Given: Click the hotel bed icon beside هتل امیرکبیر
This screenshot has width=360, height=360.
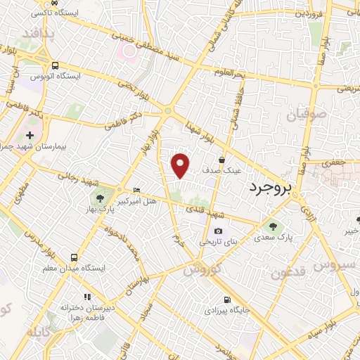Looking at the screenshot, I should coord(137,190).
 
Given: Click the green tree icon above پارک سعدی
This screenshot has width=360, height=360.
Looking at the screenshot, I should coord(273,226).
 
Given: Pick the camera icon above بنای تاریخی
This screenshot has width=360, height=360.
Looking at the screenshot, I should coord(218,231).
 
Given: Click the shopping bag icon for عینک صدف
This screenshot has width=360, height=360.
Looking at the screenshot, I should coord(222,160).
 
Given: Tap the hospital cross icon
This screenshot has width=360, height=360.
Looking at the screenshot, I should coord(30,134).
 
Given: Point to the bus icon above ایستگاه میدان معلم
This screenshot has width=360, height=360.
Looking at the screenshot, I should coord(75,257).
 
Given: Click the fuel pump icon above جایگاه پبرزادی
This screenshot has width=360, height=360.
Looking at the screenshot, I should coord(226,297).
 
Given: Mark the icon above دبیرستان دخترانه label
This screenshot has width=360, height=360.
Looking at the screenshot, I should coord(87,297).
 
